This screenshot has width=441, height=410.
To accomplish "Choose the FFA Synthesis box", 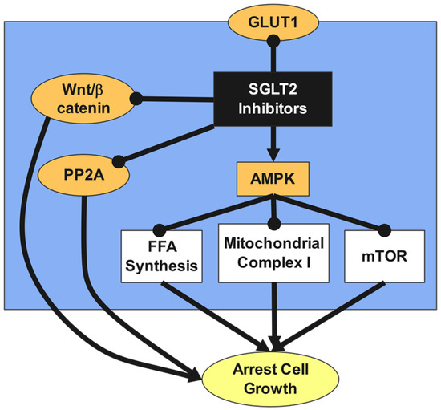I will [160, 255].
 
